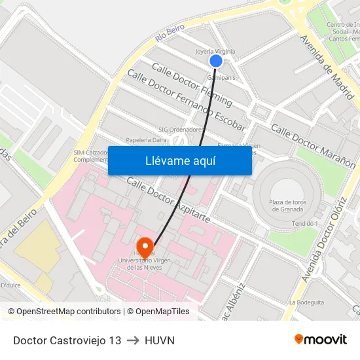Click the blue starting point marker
click(216, 61)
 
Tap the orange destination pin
click(145, 247)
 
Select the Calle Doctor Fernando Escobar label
click(187, 101)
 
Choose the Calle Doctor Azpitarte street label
click(168, 200)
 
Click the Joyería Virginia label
click(215, 51)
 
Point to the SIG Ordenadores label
click(181, 130)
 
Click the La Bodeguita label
click(306, 302)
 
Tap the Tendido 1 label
click(305, 224)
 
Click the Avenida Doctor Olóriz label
click(321, 249)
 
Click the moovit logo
click(320, 339)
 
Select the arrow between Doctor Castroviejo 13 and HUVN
click(133, 340)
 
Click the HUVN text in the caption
click(159, 340)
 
